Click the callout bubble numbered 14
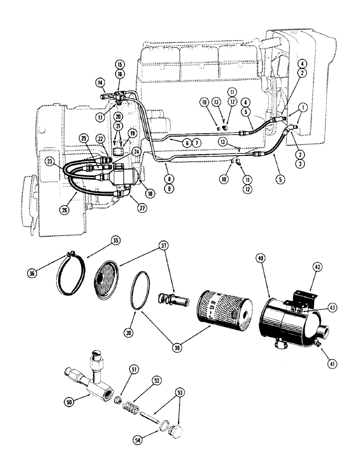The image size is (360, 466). (x=100, y=83)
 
